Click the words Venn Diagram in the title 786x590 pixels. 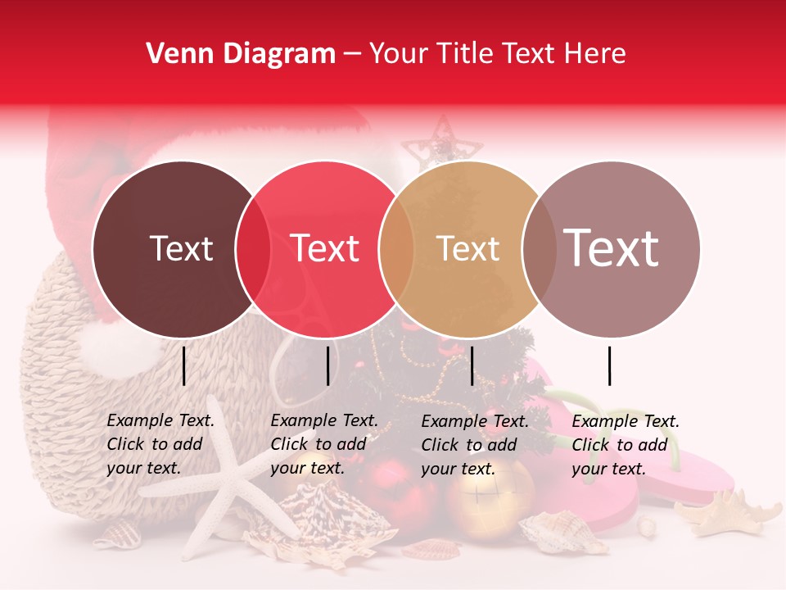[x=241, y=54]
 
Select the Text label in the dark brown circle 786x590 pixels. [x=181, y=248]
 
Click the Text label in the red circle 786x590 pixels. [x=325, y=248]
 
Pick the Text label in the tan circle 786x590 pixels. [x=468, y=248]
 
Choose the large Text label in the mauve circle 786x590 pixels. [x=612, y=248]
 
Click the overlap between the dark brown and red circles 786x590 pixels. [x=253, y=249]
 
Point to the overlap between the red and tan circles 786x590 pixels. [x=396, y=249]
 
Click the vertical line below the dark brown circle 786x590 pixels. [x=184, y=365]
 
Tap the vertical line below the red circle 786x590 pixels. [x=327, y=365]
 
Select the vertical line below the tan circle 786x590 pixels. [x=472, y=365]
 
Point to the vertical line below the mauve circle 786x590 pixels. [x=610, y=365]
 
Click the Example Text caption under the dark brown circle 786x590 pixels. [x=160, y=444]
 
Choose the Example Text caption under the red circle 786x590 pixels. [x=324, y=444]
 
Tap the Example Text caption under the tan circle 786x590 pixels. [x=475, y=445]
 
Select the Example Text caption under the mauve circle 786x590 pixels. [x=626, y=445]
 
